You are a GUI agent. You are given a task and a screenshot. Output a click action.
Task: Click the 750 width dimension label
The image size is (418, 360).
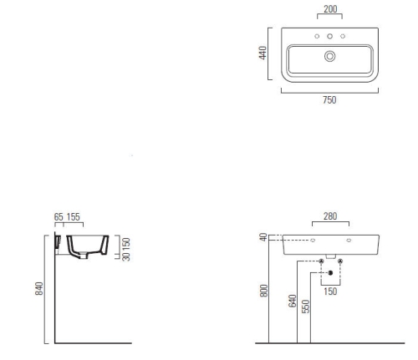329,99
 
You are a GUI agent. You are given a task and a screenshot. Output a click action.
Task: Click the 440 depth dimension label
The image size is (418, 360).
263,53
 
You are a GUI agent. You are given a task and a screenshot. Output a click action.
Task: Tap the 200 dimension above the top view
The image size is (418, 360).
330,9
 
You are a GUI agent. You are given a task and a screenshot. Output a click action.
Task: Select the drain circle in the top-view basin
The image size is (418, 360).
329,56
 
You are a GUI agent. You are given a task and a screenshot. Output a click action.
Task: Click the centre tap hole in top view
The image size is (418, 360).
329,36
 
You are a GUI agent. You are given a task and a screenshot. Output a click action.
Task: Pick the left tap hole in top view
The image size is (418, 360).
317,36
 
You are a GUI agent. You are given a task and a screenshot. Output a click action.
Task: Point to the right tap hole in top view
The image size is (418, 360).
343,36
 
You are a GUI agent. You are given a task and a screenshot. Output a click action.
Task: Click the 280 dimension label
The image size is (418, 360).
330,216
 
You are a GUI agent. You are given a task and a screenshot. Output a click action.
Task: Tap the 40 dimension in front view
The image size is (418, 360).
263,237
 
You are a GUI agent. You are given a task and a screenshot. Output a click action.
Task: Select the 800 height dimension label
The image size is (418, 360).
263,291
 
